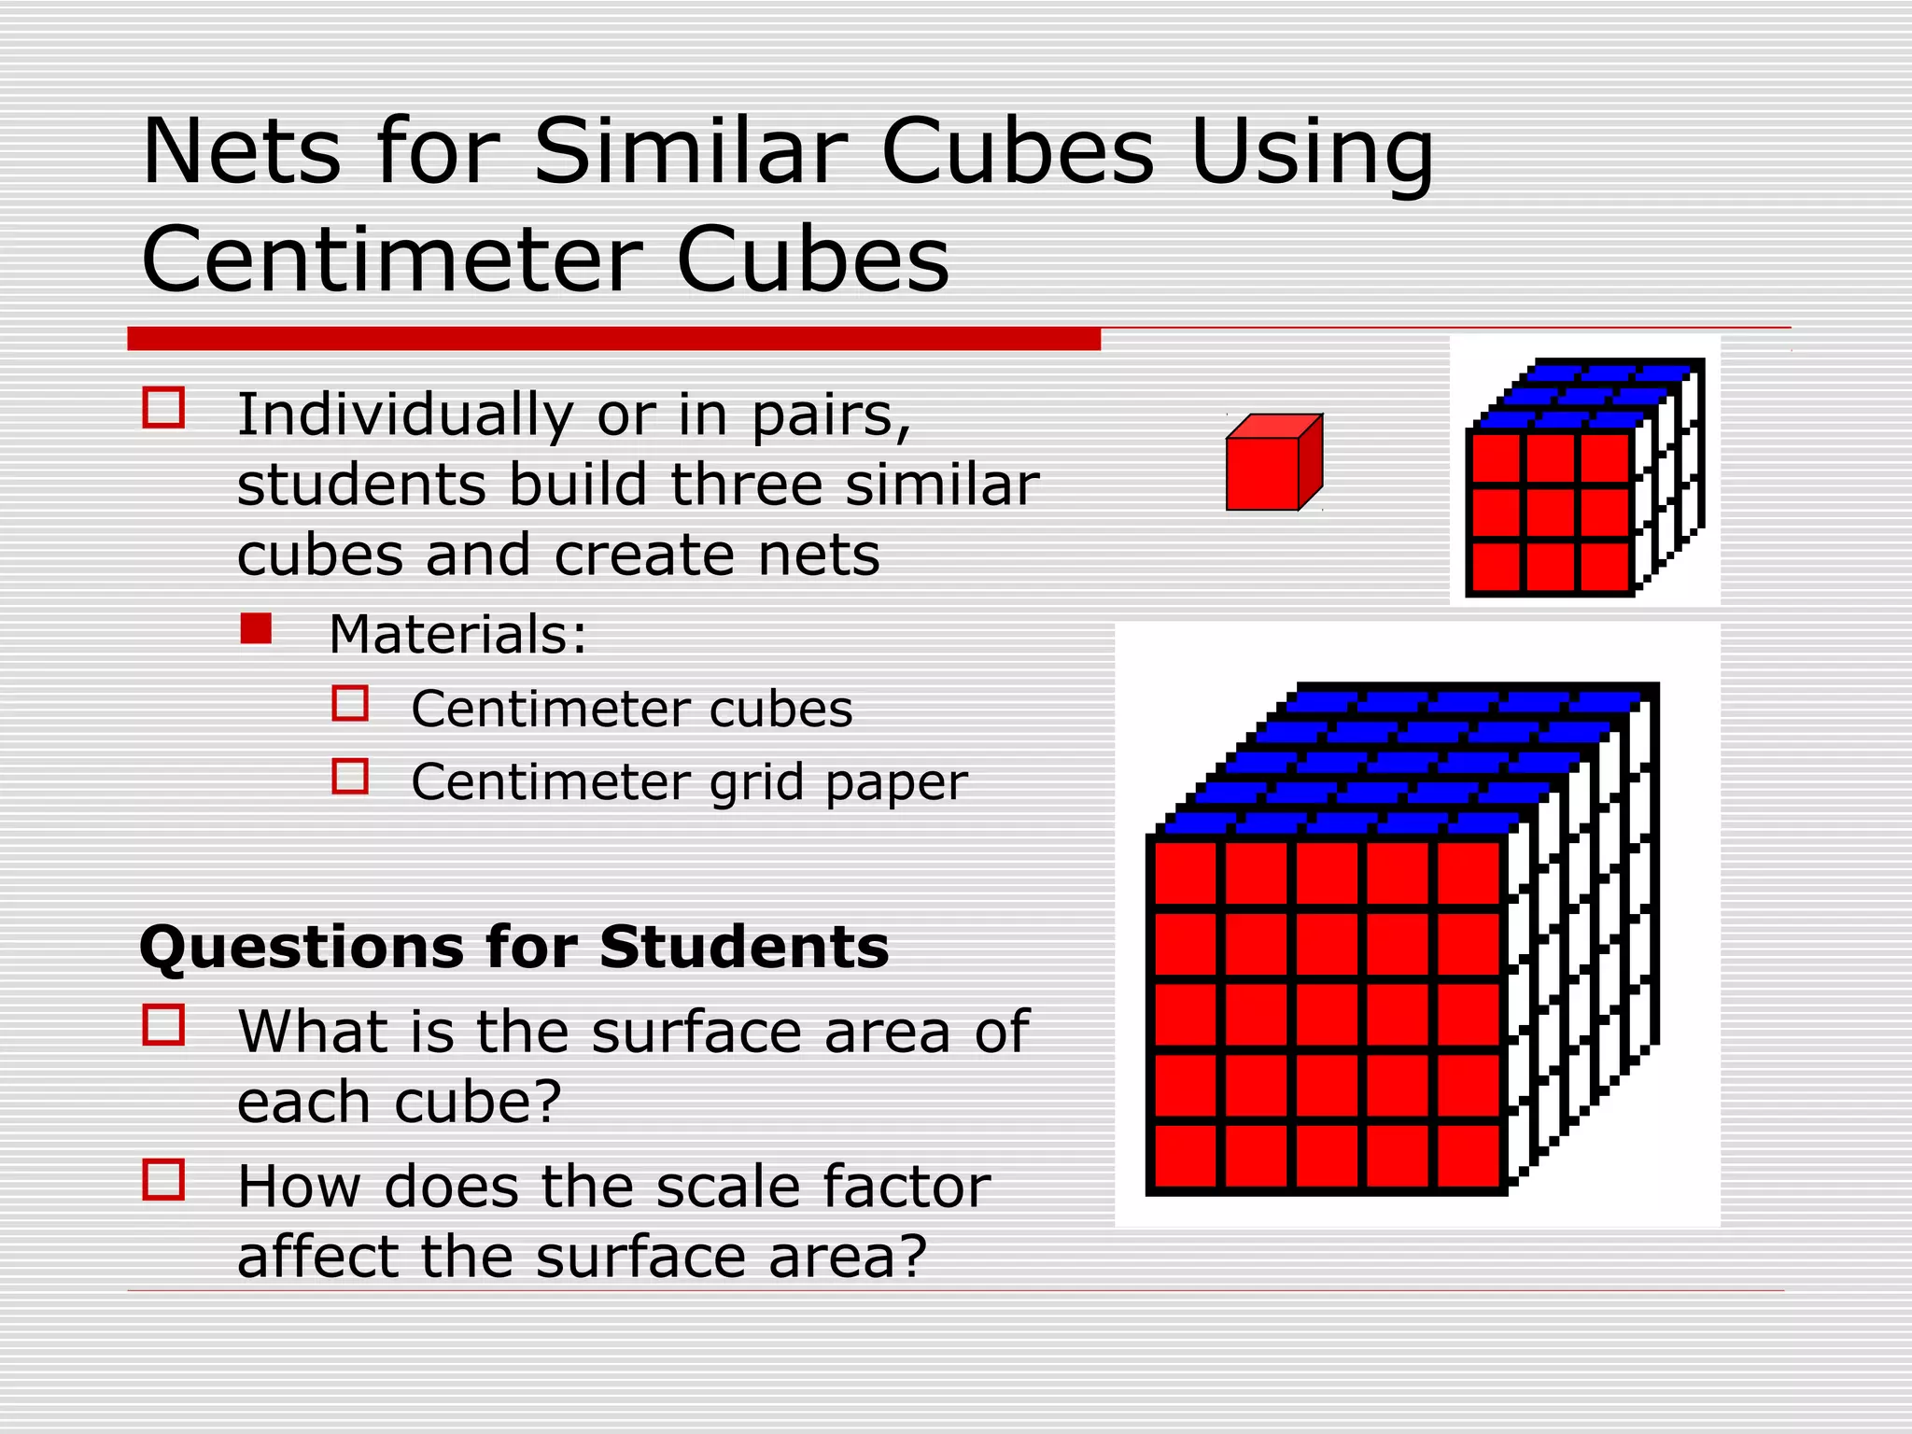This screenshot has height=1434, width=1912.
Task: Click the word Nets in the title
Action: [242, 152]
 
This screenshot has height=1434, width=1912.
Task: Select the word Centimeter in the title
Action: [391, 259]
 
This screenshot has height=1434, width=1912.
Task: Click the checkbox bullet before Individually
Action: [163, 408]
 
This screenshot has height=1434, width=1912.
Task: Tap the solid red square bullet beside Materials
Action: [256, 628]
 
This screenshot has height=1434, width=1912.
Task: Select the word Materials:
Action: [457, 635]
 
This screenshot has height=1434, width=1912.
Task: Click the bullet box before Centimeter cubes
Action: [350, 703]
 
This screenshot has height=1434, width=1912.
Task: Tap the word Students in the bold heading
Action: [744, 948]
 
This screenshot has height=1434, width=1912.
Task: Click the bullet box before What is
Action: [163, 1024]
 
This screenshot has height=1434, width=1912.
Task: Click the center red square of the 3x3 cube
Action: [1551, 512]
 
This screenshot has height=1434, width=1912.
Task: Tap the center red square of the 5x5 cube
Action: [1327, 1017]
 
